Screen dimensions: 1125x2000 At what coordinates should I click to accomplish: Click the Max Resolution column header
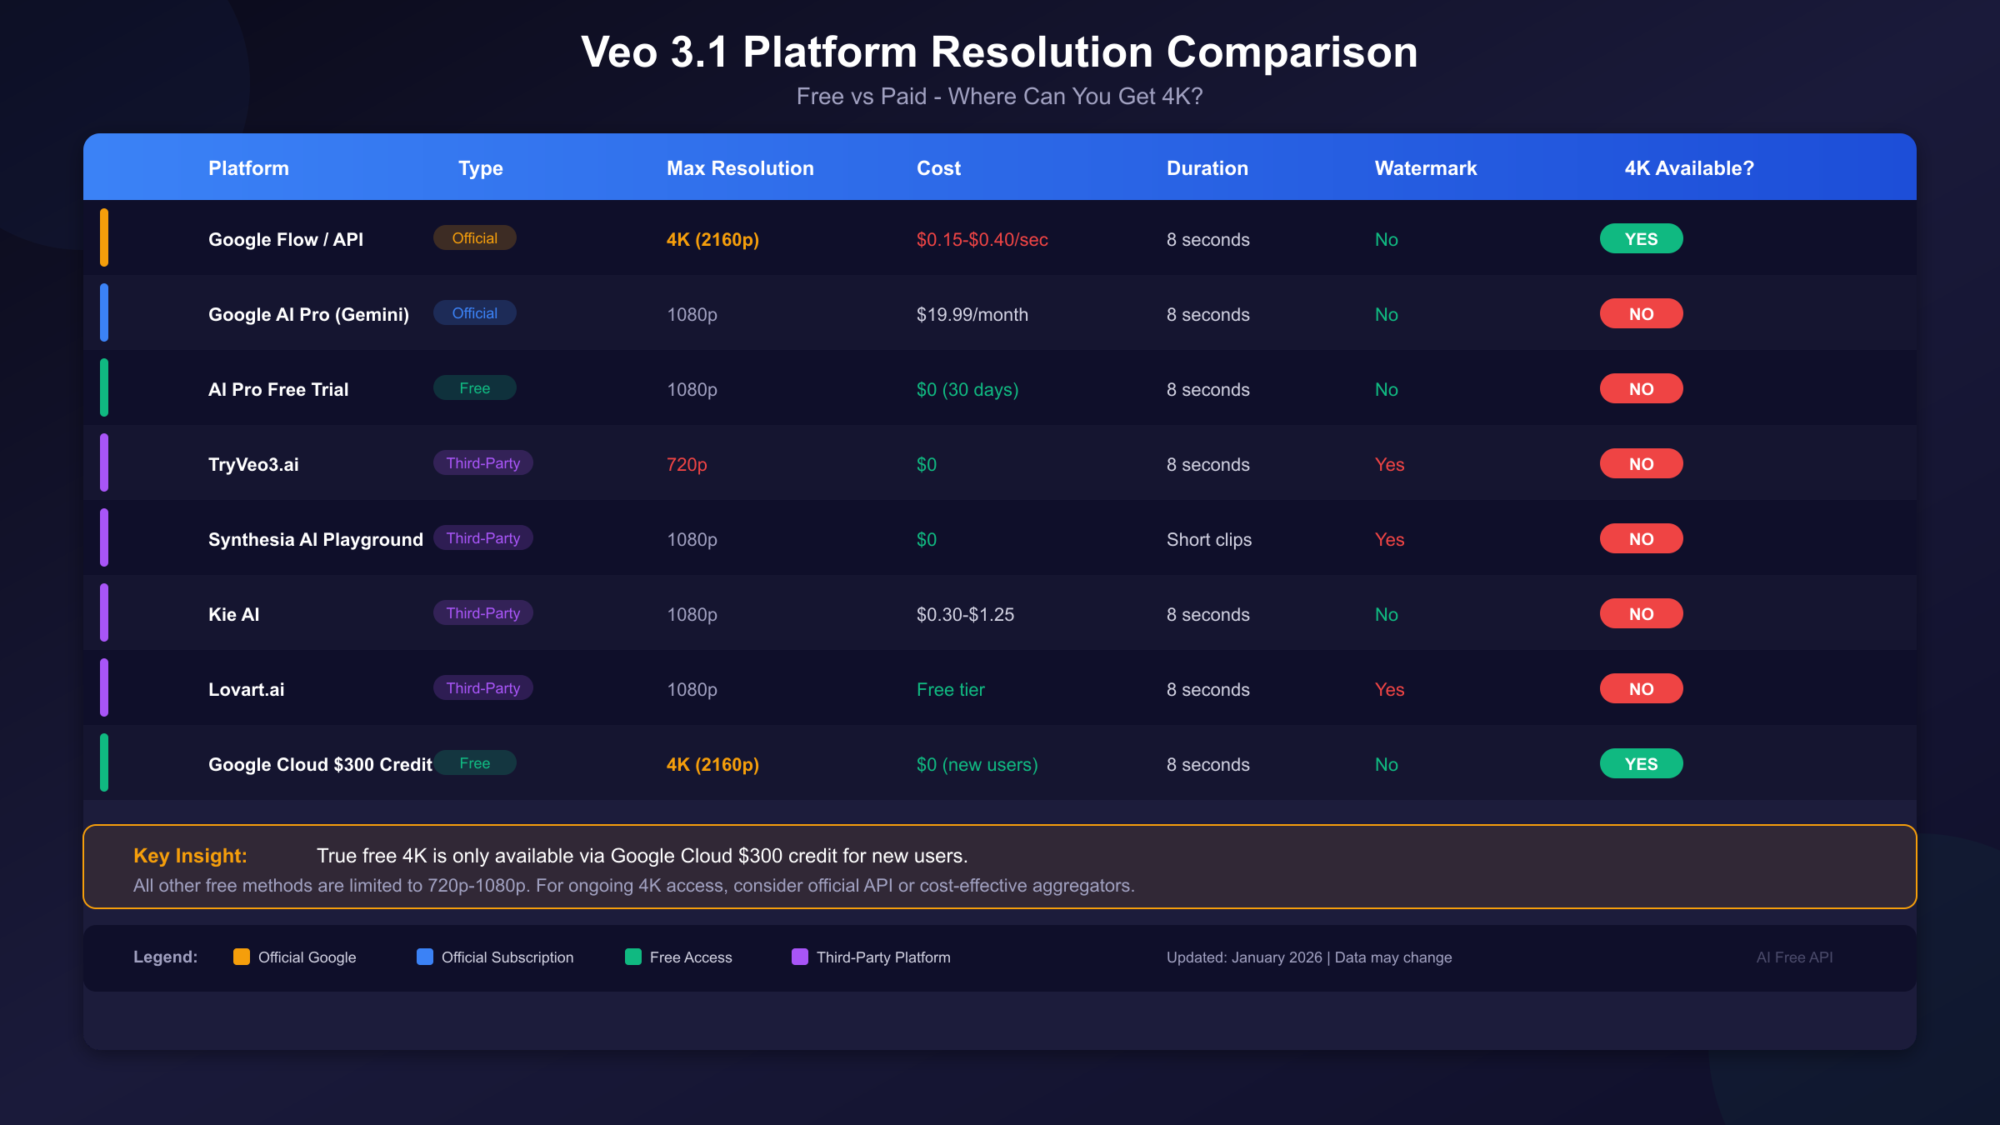point(740,168)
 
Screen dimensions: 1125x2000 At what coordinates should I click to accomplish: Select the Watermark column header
point(1425,168)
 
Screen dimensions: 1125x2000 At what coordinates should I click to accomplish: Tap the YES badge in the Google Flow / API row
point(1641,239)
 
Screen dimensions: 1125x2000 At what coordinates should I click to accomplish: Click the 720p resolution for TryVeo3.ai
point(687,465)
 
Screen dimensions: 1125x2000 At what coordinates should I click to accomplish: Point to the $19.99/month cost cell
point(972,315)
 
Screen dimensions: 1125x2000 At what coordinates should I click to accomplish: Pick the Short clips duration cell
point(1208,540)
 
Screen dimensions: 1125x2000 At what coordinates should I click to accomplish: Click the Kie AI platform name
point(233,615)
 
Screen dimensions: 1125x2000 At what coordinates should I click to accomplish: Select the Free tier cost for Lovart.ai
point(950,690)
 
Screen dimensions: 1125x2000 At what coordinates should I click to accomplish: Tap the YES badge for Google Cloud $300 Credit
point(1641,764)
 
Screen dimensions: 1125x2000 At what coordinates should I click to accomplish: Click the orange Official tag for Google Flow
point(474,238)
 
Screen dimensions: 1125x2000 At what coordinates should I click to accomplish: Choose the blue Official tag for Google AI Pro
point(474,313)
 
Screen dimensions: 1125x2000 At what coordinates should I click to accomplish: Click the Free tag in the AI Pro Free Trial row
point(474,388)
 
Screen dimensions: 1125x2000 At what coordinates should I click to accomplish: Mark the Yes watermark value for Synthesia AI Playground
point(1389,540)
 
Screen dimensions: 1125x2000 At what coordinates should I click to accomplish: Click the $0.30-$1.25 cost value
point(965,615)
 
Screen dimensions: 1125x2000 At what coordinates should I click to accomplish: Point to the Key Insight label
point(190,856)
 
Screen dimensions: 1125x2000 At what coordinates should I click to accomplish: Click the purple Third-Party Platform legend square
point(800,957)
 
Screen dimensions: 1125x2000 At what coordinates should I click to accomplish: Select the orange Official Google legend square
point(242,957)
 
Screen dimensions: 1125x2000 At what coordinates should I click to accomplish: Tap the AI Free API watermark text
point(1794,957)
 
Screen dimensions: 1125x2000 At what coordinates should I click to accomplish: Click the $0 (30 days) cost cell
point(967,390)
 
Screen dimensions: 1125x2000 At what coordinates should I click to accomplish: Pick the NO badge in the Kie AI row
point(1641,614)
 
